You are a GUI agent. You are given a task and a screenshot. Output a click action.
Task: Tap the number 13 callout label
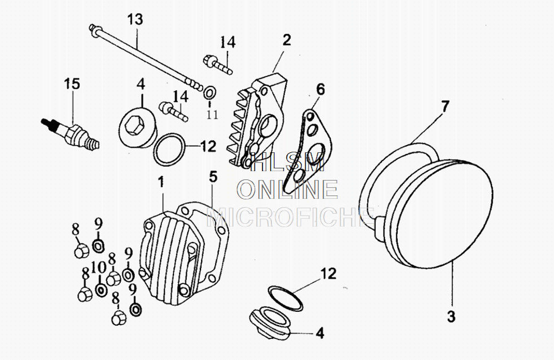pos(135,19)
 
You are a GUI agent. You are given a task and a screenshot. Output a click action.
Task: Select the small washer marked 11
pos(211,91)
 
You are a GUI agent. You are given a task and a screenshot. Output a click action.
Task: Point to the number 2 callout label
pos(286,40)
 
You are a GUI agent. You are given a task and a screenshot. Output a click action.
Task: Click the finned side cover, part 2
pos(258,125)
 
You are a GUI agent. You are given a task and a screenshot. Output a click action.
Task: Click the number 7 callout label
pos(446,106)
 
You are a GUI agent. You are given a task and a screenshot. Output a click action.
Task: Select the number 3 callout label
pos(451,317)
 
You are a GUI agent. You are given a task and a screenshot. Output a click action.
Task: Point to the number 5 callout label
pos(213,177)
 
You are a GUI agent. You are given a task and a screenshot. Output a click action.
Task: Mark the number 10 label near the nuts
pos(99,268)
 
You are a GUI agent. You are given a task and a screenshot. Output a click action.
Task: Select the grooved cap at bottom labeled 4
pos(269,323)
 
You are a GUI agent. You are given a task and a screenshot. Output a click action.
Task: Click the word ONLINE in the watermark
pos(288,190)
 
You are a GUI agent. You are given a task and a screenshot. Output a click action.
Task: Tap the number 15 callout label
pos(71,84)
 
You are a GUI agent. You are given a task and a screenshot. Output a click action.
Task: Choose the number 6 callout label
pos(321,89)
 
